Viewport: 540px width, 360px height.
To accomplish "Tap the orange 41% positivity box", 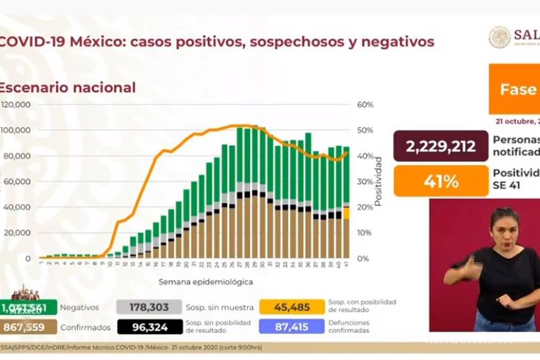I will pos(441,181).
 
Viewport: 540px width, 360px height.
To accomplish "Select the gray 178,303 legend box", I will pos(149,307).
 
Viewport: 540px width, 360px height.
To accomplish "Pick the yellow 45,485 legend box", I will pos(292,307).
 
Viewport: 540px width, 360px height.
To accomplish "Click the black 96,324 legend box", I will pos(149,327).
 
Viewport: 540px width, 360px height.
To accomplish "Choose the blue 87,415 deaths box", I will pos(292,327).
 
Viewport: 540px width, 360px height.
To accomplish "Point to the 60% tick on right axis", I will pos(365,105).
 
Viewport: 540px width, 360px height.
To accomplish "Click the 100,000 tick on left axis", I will pos(16,130).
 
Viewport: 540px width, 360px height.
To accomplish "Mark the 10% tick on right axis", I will pos(365,233).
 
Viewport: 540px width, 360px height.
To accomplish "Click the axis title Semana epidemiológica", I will pos(205,282).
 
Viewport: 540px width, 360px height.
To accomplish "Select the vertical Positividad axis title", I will pos(378,181).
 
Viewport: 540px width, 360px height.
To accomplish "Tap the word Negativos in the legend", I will pos(79,307).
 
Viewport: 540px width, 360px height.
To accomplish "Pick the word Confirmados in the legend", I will pos(85,327).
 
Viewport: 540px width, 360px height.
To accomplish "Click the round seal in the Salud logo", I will pos(499,37).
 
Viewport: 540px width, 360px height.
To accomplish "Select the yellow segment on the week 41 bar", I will pos(346,213).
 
